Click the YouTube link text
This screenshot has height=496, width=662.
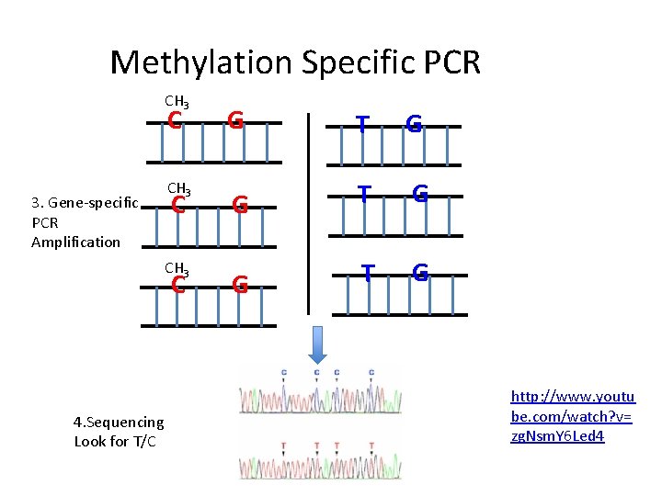pos(572,416)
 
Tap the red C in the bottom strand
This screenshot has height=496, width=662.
pos(179,285)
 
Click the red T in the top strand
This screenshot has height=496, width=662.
pos(364,124)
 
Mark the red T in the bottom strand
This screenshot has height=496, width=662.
pos(368,273)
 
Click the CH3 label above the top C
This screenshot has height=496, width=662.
pos(177,101)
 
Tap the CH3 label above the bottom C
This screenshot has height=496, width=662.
pos(177,268)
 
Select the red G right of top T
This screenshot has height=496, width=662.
pos(415,124)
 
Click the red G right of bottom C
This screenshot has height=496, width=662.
pos(239,285)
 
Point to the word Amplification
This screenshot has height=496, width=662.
pos(75,242)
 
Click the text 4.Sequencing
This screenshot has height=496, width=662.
pos(119,423)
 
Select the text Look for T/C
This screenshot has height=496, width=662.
pos(115,442)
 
